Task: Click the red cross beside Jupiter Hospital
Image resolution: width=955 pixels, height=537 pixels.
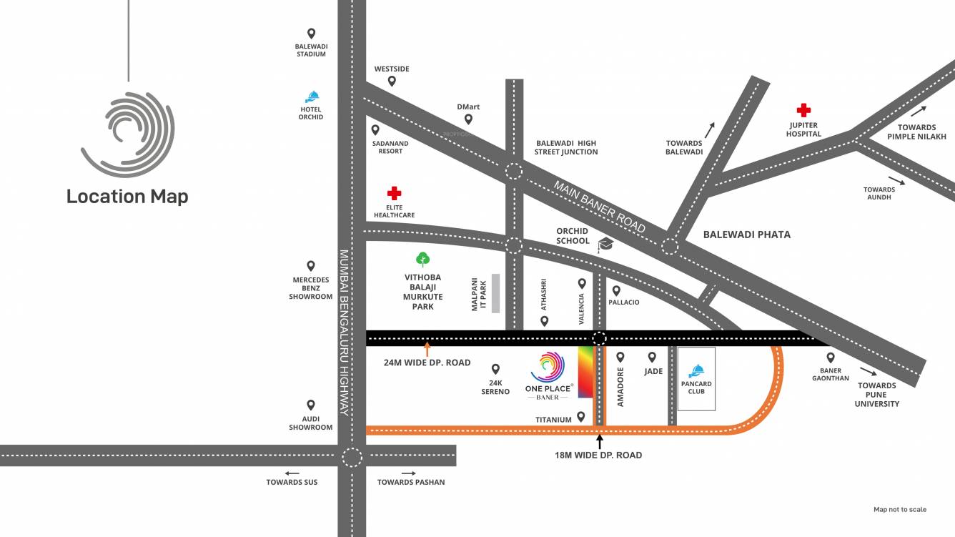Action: (x=804, y=110)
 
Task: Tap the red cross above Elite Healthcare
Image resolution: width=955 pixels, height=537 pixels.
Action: (x=394, y=193)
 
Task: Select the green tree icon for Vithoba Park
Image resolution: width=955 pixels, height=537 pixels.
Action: (x=422, y=259)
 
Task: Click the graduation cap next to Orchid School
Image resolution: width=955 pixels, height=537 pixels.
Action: (x=605, y=245)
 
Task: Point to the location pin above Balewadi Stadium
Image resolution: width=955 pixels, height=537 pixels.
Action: (x=311, y=34)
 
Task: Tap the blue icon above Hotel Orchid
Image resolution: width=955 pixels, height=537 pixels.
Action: (x=311, y=97)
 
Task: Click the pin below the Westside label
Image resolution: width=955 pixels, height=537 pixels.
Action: (x=392, y=82)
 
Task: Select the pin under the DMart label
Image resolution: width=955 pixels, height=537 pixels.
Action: (x=468, y=119)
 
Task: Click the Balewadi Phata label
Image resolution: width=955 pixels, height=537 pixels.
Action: (x=746, y=235)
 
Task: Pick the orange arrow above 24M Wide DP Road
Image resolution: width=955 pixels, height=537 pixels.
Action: (x=427, y=349)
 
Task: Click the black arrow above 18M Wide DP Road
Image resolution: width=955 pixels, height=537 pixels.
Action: (x=600, y=440)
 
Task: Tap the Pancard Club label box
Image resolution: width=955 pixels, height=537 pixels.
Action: (x=696, y=379)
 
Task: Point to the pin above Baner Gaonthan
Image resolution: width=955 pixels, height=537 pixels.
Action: (x=830, y=358)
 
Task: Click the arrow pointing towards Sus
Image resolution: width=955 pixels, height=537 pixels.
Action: (x=292, y=473)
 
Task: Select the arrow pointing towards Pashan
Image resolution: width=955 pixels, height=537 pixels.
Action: (x=408, y=473)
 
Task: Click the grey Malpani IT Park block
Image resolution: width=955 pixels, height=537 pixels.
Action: (x=495, y=292)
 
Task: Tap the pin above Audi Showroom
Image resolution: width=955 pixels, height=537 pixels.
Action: (x=311, y=405)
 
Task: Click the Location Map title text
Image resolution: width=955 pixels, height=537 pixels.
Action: (x=127, y=196)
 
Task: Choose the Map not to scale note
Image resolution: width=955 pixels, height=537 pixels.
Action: (x=899, y=510)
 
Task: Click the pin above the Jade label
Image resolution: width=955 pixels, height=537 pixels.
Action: (x=652, y=357)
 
